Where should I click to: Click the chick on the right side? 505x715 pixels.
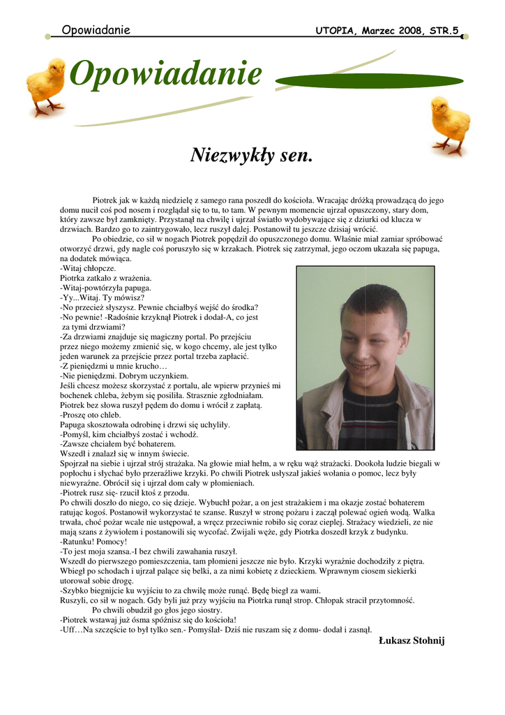click(450, 124)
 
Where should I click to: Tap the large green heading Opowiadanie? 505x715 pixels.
click(166, 75)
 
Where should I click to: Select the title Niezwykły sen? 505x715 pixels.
click(252, 154)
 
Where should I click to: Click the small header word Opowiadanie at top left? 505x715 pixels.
click(96, 30)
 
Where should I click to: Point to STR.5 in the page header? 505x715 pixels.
click(446, 31)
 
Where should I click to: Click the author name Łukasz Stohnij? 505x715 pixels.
click(411, 641)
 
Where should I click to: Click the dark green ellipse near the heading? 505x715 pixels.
click(370, 79)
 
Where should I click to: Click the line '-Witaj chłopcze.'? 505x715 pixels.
click(89, 268)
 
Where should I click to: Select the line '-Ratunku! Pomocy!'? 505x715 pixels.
click(93, 541)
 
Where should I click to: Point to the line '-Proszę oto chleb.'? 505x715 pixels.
click(91, 414)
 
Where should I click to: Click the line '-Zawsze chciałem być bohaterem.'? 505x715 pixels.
click(118, 443)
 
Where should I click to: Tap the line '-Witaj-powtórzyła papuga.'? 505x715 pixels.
click(105, 288)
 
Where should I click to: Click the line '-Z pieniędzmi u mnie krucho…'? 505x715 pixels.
click(114, 366)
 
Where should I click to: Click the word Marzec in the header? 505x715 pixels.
click(381, 31)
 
